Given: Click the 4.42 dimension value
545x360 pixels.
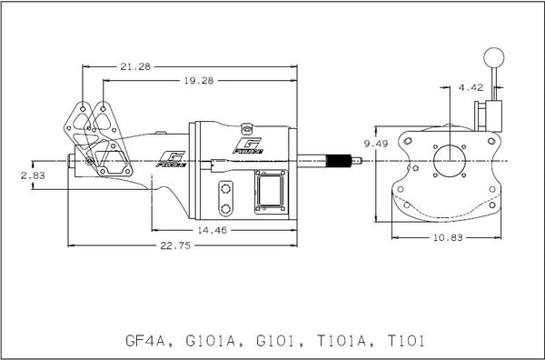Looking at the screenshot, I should click(x=471, y=88).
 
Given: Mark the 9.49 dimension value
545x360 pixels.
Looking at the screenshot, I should click(x=375, y=145).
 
